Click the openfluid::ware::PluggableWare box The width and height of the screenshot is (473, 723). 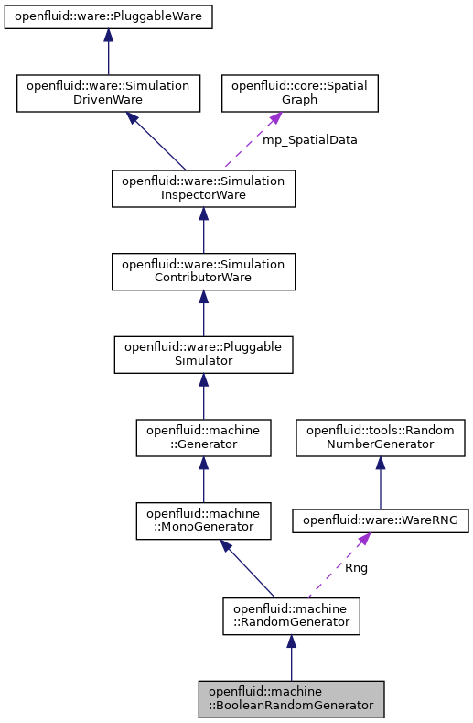[x=108, y=16]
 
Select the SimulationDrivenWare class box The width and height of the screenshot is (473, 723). [x=108, y=93]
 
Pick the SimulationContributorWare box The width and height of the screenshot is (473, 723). [x=203, y=272]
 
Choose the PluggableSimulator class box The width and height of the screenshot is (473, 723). [x=203, y=355]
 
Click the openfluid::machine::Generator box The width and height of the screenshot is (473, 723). [x=203, y=437]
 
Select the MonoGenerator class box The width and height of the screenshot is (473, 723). [x=203, y=520]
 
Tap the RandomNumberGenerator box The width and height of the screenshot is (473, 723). [x=380, y=437]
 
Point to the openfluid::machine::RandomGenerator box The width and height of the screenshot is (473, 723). [x=291, y=616]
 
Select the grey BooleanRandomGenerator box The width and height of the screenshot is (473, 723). [x=291, y=698]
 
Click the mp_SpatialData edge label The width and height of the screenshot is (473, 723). [x=310, y=140]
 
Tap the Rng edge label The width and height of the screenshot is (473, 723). [x=356, y=568]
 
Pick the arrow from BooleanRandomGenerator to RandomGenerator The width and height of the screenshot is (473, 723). [x=291, y=657]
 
